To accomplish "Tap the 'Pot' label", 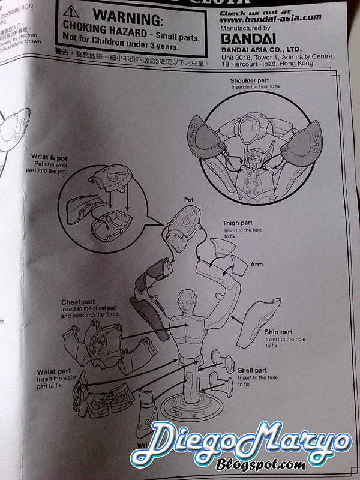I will click(191, 198).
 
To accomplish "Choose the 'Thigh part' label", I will click(239, 224).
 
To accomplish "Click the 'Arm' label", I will click(257, 264).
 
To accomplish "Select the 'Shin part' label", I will click(279, 332).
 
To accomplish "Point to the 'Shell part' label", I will click(252, 370).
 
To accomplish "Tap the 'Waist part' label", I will click(55, 372).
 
